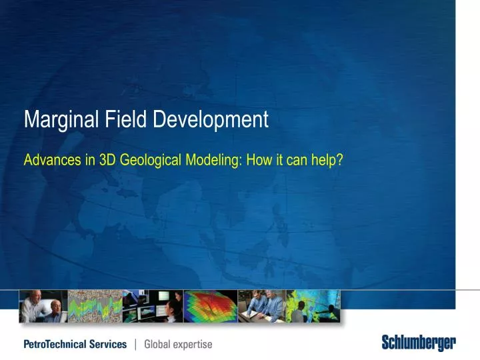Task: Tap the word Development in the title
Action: (x=211, y=120)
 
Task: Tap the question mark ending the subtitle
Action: (x=339, y=161)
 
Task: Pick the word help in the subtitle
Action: (x=323, y=161)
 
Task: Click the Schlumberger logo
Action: (x=419, y=344)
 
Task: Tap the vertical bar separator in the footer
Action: (x=136, y=345)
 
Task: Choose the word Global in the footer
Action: (x=158, y=345)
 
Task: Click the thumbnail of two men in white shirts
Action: (x=43, y=306)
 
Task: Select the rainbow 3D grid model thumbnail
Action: (x=210, y=306)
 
